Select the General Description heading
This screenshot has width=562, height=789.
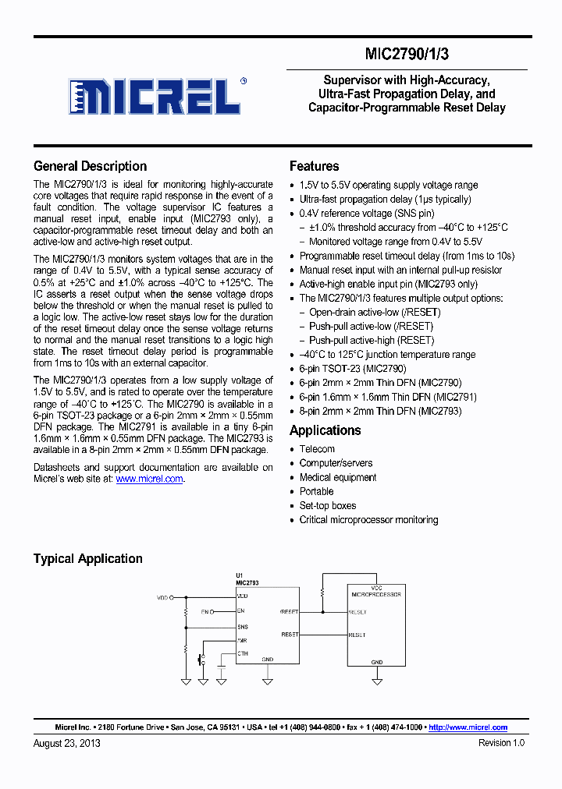(x=90, y=166)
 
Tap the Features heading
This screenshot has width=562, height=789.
(x=314, y=166)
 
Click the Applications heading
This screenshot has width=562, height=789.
(x=325, y=430)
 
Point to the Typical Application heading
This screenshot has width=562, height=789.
(x=87, y=558)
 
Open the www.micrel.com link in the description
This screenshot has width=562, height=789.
(x=149, y=479)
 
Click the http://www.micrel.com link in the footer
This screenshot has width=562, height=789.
(x=468, y=727)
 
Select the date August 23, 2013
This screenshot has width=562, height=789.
(x=67, y=743)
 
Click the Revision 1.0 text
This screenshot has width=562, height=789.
(x=501, y=743)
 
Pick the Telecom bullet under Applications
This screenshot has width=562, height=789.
(x=317, y=449)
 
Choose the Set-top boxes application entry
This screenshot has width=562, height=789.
(x=327, y=505)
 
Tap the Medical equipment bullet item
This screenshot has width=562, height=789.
(x=337, y=477)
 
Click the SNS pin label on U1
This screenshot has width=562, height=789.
(x=243, y=627)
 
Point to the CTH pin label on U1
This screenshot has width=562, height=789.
(x=243, y=654)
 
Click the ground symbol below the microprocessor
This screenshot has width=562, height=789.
(x=377, y=680)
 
